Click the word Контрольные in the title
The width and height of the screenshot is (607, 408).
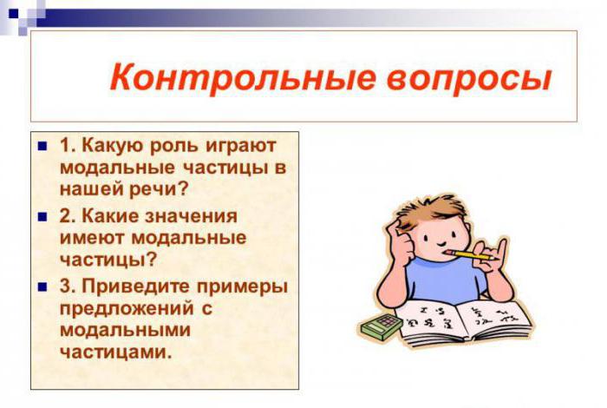click(x=243, y=78)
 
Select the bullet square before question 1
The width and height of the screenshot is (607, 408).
click(x=42, y=147)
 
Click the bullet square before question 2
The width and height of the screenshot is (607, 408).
click(x=42, y=217)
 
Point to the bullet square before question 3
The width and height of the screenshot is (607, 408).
click(x=42, y=287)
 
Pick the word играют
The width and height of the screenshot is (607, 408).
click(x=241, y=148)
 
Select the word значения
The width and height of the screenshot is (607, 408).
click(x=192, y=217)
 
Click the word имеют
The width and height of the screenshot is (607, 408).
click(x=93, y=238)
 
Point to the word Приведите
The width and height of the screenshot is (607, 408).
click(x=136, y=287)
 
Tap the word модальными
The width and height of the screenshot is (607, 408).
click(x=126, y=331)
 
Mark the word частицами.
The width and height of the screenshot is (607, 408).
click(x=115, y=352)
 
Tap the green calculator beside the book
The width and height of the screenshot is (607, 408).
click(x=382, y=326)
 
